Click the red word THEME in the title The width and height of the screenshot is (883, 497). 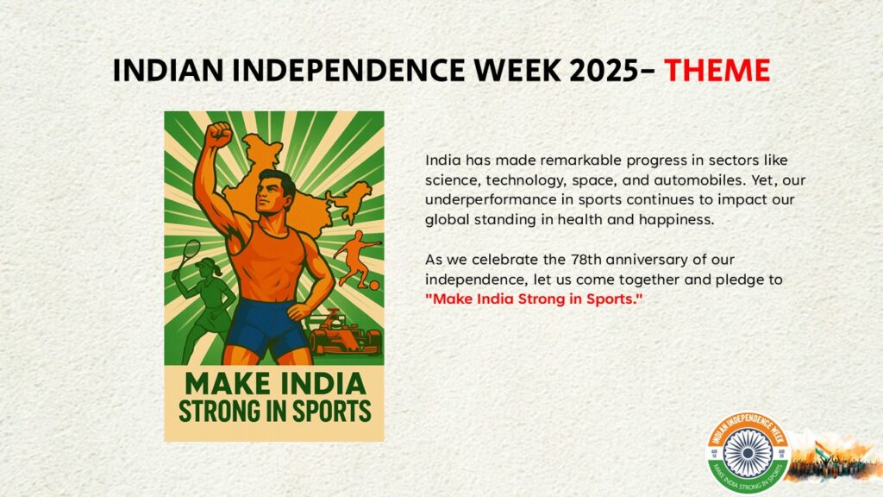(x=717, y=71)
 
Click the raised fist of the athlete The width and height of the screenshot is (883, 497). (x=218, y=135)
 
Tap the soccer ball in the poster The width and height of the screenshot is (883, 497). (x=374, y=285)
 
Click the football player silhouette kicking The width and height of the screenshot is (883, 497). (x=356, y=259)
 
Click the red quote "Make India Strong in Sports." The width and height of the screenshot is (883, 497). (x=533, y=299)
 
